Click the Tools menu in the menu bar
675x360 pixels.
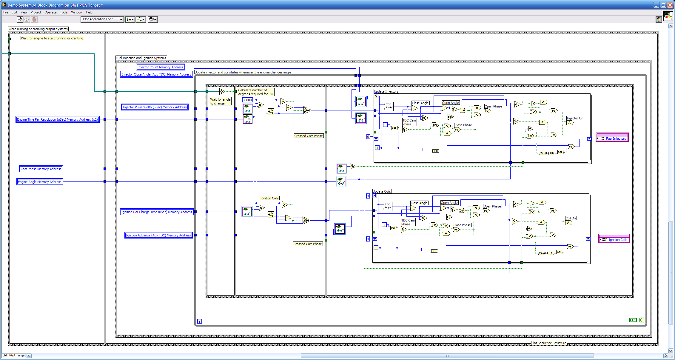point(64,12)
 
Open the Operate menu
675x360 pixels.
point(50,12)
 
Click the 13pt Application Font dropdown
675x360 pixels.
point(102,19)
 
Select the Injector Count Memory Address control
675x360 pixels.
point(160,67)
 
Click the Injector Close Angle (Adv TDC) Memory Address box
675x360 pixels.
point(156,74)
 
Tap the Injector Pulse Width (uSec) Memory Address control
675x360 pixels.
point(155,107)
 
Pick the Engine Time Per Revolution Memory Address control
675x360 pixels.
point(57,119)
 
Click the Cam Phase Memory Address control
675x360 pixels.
point(41,169)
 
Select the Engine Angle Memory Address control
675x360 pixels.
point(40,182)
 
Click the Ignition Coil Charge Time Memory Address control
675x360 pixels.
point(157,212)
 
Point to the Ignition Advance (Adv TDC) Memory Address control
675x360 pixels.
point(158,235)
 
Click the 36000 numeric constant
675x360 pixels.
point(247,100)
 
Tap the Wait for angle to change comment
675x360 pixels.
point(221,101)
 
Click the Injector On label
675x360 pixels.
point(575,118)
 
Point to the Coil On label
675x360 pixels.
point(571,218)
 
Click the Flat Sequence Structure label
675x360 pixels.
point(549,343)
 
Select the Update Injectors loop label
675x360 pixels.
point(386,91)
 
